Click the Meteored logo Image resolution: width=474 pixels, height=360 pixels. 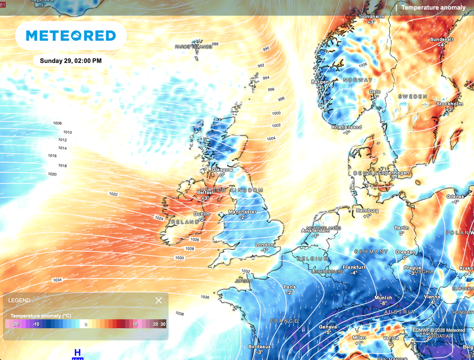71,36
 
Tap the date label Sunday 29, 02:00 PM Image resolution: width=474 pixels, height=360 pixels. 70,61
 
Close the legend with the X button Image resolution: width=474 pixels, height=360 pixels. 159,300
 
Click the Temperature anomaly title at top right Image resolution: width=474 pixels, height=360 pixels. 433,7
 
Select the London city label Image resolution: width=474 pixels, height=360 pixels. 265,245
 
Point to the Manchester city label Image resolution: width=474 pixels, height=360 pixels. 243,212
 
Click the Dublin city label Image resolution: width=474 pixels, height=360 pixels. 202,214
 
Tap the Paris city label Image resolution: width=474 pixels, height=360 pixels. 290,287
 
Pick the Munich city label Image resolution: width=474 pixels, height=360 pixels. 383,297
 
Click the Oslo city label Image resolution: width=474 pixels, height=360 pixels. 375,92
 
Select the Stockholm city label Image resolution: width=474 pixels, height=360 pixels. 449,104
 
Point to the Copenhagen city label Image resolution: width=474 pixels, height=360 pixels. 394,173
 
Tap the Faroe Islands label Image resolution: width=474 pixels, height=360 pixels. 193,46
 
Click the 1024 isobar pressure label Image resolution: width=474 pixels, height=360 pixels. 159,218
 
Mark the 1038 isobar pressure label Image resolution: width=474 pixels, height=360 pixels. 180,314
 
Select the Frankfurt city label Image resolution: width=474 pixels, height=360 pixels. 354,267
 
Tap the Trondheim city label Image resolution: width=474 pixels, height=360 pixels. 372,16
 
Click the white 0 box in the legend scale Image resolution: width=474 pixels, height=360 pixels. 86,324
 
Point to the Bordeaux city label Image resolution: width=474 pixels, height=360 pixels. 259,347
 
